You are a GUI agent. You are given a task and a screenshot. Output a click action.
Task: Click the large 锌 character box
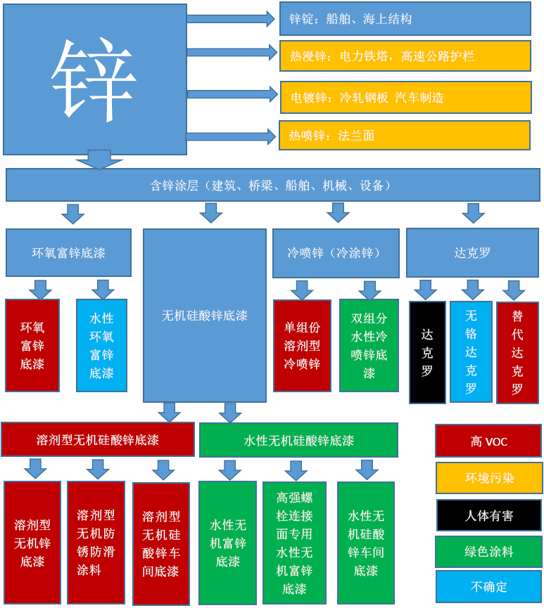(94, 79)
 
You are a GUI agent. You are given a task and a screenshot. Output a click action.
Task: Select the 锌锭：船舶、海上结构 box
(405, 19)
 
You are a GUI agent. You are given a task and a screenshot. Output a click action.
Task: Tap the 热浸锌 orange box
(405, 56)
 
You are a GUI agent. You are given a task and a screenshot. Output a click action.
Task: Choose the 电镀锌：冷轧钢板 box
(405, 97)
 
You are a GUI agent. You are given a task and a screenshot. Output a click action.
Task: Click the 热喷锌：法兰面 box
(404, 136)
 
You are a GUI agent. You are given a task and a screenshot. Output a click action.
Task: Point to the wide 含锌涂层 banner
(272, 185)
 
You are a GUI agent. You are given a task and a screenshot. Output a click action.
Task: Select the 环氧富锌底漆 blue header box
(68, 252)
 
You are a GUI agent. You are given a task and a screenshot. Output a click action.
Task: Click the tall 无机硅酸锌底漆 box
(205, 316)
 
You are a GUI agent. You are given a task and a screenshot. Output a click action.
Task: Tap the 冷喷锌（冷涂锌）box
(335, 252)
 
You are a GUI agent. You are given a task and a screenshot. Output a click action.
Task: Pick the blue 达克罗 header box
(472, 252)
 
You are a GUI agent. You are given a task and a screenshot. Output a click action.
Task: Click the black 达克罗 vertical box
(427, 352)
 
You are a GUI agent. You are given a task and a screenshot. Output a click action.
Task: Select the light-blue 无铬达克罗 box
(471, 351)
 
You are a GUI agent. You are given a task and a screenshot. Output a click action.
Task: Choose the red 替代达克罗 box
(517, 352)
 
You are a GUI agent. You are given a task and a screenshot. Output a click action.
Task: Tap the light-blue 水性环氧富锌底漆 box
(101, 345)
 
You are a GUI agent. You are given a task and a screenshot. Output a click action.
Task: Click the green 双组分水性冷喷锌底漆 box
(369, 345)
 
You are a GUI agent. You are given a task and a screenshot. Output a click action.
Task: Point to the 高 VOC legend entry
(488, 441)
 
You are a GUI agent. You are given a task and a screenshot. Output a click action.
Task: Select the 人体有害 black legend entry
(489, 515)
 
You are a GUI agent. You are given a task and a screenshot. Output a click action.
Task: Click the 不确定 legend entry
(489, 586)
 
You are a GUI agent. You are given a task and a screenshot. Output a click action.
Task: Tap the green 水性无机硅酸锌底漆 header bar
(298, 440)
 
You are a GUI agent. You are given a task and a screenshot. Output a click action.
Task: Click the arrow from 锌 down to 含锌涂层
(99, 160)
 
